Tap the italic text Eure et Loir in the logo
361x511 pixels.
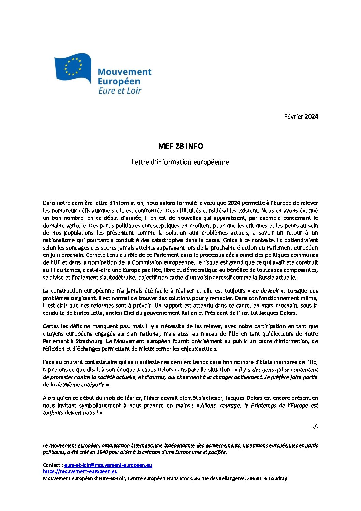coord(120,91)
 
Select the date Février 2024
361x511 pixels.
coord(301,117)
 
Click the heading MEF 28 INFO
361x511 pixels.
coord(180,146)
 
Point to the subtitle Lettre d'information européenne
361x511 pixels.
coord(180,162)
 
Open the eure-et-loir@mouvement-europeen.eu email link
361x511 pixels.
coord(108,465)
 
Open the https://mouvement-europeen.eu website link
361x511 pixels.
coord(80,471)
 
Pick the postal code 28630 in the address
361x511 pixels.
coord(254,478)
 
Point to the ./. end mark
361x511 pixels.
coord(315,426)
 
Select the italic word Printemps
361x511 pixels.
coord(263,406)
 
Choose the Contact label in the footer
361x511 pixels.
coord(52,465)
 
